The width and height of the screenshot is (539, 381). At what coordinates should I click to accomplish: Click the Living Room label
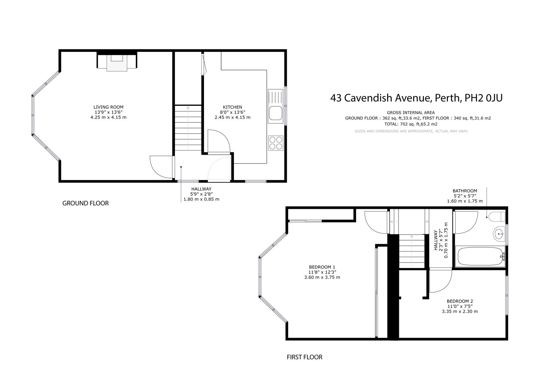tap(108, 107)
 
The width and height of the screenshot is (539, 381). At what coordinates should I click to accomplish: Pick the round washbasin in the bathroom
tap(499, 233)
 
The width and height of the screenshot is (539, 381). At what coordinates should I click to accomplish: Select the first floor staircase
tap(412, 251)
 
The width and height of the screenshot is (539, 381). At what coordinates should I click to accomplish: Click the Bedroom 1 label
tap(322, 267)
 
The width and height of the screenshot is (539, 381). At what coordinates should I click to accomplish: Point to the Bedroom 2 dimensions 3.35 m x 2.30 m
tap(460, 312)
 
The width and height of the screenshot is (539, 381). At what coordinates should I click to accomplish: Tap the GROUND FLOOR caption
tap(85, 203)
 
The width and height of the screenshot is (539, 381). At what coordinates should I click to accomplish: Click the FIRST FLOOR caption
tap(304, 357)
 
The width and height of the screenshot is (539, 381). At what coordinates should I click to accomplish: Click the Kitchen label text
tap(232, 107)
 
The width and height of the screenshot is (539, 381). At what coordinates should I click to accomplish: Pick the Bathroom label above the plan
tap(465, 191)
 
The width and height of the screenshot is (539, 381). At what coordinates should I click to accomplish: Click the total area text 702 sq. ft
tap(411, 124)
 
